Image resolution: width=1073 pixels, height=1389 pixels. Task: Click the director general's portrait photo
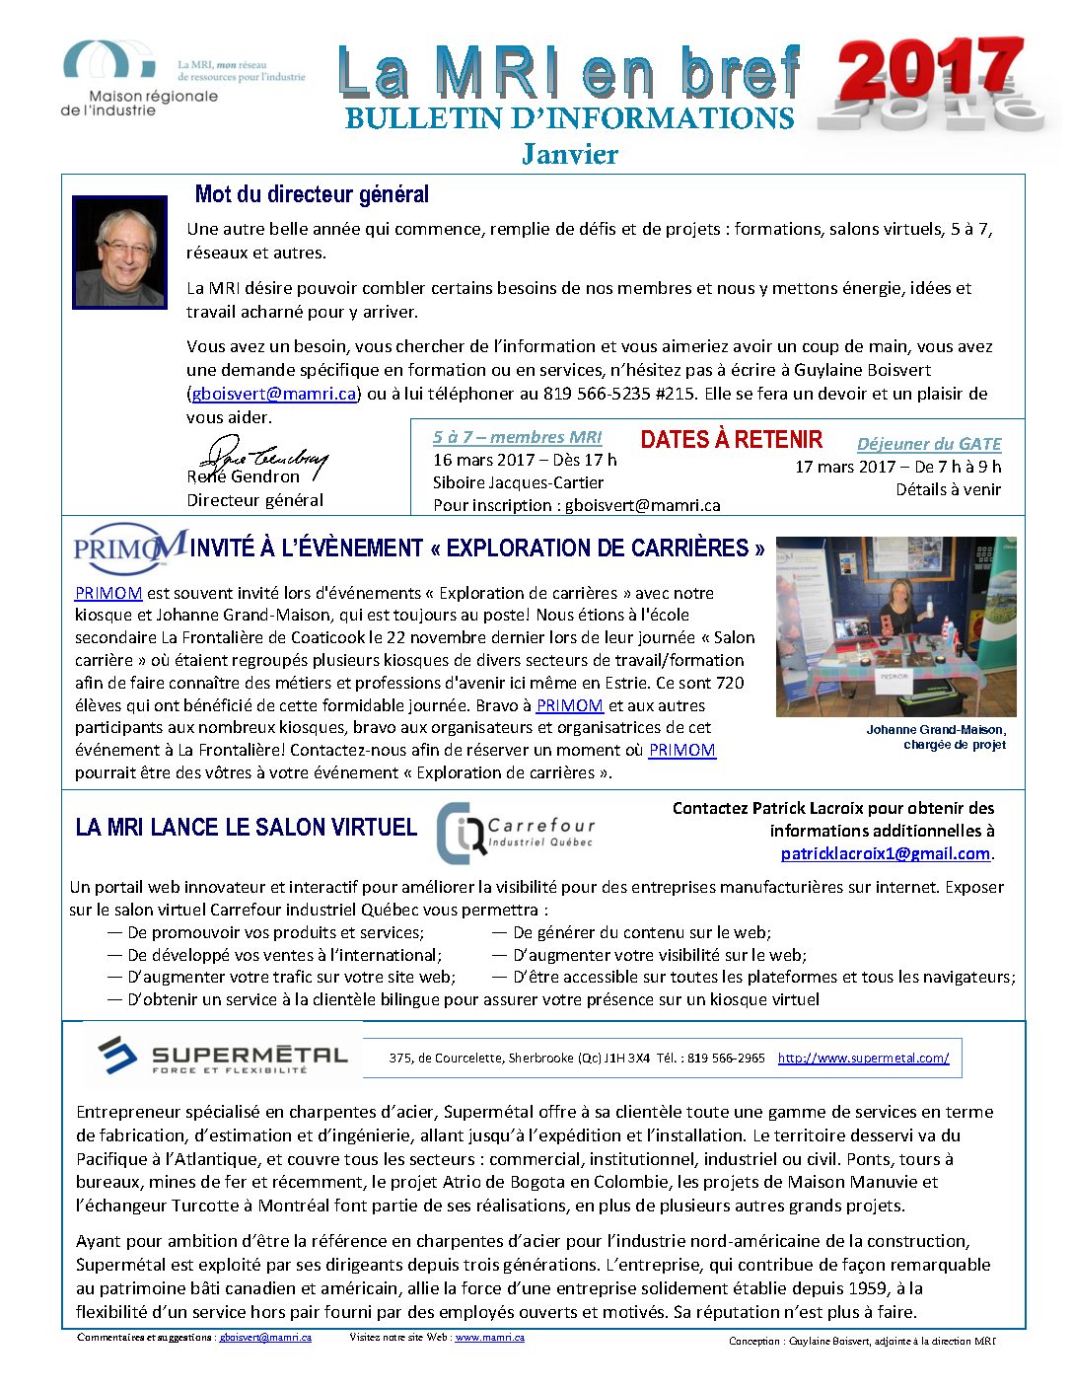click(119, 253)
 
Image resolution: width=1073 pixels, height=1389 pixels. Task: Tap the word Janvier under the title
click(570, 154)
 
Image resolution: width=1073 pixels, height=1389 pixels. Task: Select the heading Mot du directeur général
click(312, 194)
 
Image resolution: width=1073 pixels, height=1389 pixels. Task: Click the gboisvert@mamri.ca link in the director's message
click(274, 394)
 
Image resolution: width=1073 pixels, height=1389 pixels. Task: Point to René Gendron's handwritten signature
click(261, 459)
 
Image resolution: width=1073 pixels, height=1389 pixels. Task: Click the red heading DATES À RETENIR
click(731, 440)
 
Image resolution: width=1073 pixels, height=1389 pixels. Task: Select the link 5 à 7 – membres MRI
click(517, 437)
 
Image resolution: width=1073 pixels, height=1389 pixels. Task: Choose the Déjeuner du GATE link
click(929, 444)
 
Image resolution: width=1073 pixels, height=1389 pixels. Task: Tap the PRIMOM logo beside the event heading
click(128, 548)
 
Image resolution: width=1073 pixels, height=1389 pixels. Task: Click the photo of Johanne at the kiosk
click(895, 626)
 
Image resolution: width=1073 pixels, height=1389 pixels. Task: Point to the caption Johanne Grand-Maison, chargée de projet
click(936, 737)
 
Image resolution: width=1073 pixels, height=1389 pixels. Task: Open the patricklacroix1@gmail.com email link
click(885, 853)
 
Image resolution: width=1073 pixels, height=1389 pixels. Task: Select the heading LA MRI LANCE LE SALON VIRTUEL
click(247, 827)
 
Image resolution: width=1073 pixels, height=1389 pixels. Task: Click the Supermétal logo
click(224, 1056)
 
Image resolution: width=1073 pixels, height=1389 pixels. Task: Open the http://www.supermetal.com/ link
click(863, 1058)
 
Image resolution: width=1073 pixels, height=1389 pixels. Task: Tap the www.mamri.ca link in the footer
click(489, 1338)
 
